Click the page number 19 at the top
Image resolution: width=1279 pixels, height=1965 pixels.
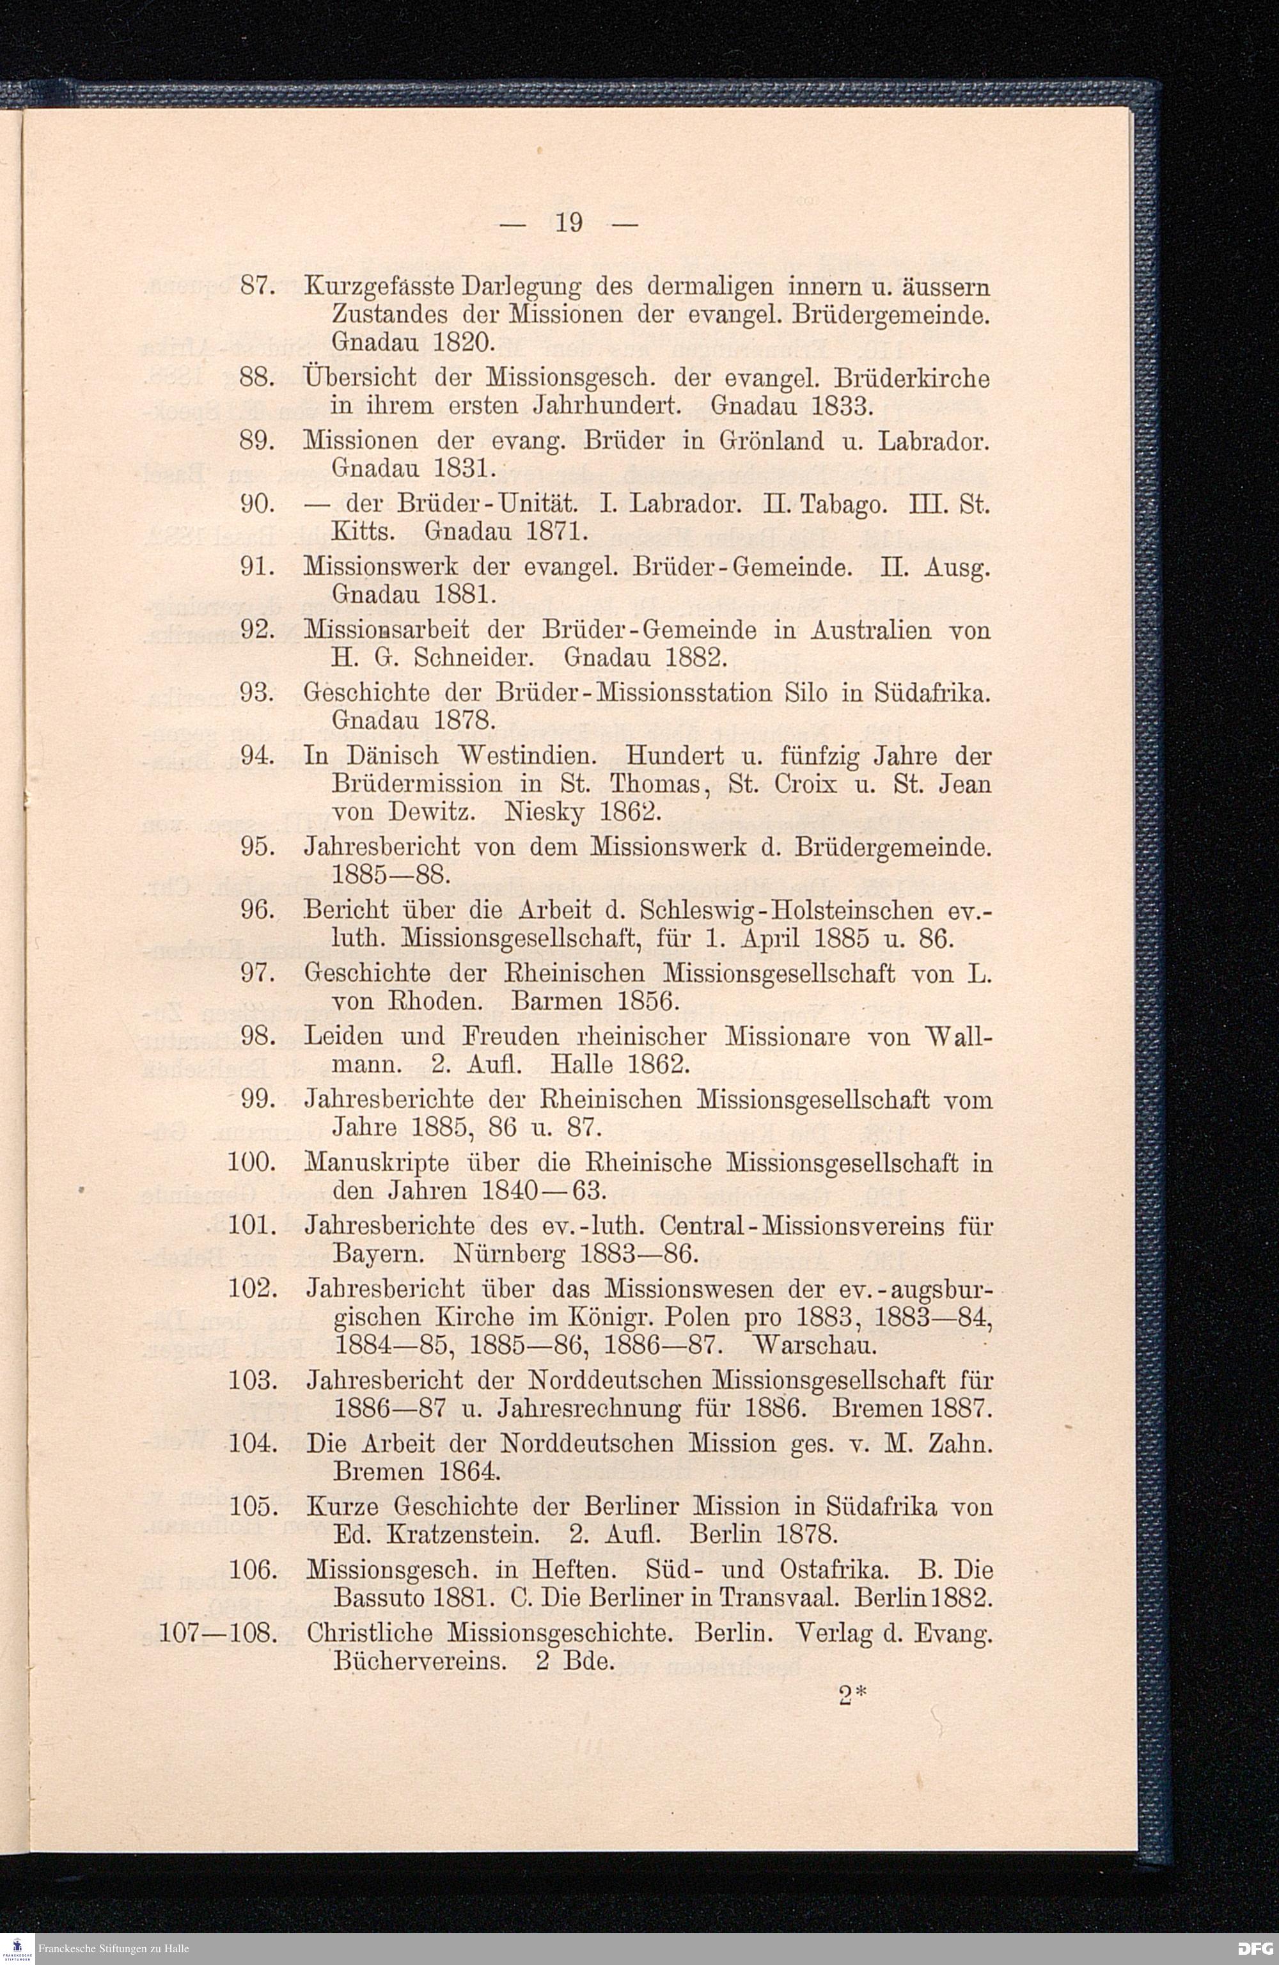click(570, 223)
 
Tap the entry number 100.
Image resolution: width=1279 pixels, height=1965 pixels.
click(250, 1164)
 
